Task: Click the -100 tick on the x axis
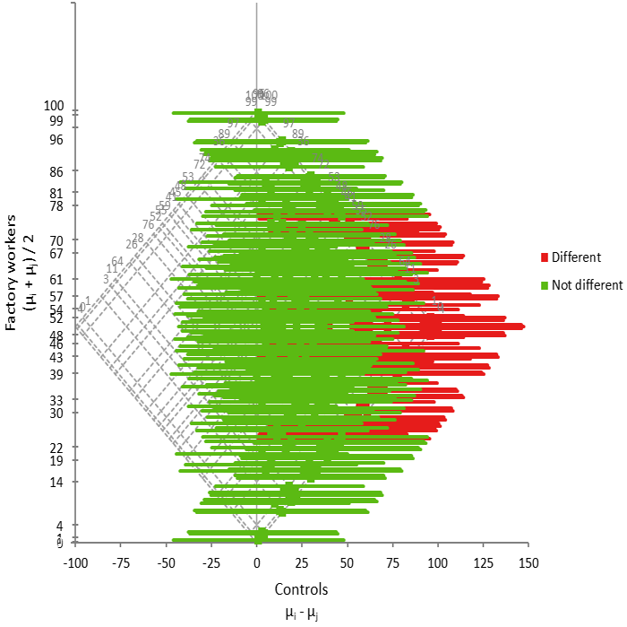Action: (76, 563)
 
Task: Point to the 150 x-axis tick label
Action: (528, 563)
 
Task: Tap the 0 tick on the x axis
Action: (257, 563)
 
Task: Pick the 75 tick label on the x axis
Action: (392, 563)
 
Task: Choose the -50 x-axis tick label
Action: (167, 563)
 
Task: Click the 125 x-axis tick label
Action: (483, 563)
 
